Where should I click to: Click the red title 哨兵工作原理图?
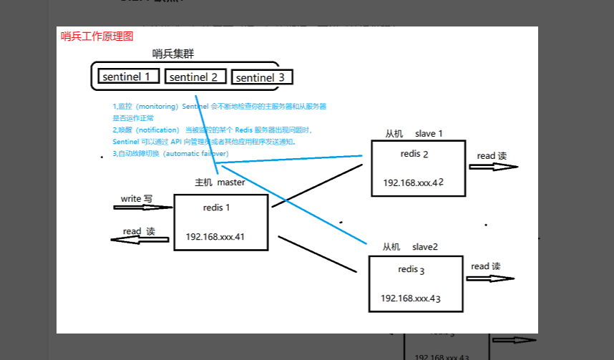point(97,37)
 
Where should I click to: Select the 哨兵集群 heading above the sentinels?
point(173,54)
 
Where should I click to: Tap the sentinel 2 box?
point(195,77)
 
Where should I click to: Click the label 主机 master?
point(220,182)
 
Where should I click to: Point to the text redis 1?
point(217,208)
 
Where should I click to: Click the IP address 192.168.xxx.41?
point(216,236)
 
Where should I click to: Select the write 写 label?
point(136,198)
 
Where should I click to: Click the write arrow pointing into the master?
point(143,208)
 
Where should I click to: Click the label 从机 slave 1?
point(414,134)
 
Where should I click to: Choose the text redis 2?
point(414,154)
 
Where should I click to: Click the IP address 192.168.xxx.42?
point(414,183)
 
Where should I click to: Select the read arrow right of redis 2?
point(493,166)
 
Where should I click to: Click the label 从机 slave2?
point(410,247)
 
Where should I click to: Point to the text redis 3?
point(411,270)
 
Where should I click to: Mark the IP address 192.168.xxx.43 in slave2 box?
point(411,298)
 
